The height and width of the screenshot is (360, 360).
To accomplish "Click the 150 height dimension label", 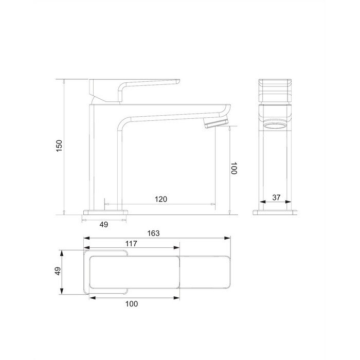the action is tap(59, 146).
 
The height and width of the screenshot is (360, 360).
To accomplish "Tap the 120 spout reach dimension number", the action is tap(160, 199).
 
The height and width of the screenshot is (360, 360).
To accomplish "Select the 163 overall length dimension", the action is tap(153, 233).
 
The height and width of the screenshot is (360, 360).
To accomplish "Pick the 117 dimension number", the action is tap(131, 243).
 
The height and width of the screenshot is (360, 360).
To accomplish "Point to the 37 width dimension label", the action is tap(276, 197).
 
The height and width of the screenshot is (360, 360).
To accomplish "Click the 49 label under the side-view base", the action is tap(104, 224).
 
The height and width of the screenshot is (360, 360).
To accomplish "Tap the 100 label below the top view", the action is tap(132, 304).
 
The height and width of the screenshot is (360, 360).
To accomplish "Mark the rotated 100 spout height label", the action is tap(233, 168).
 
